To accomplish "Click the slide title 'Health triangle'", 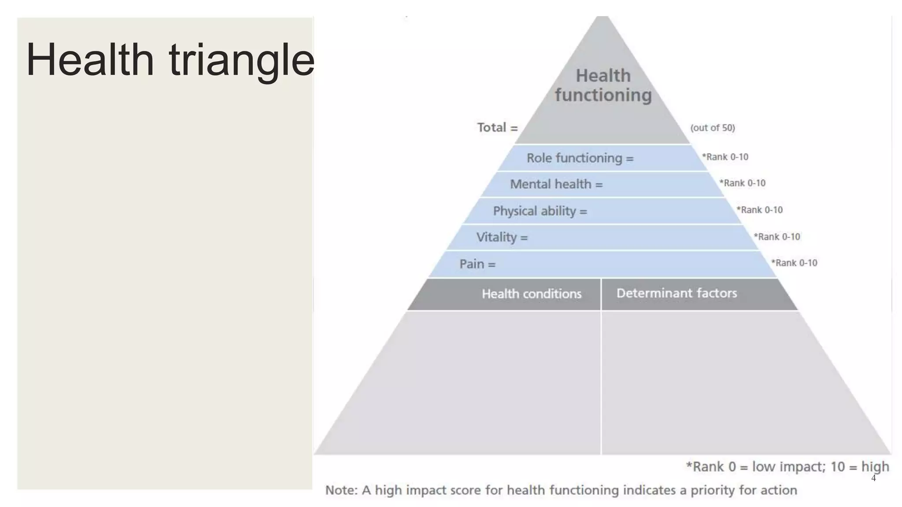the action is [x=170, y=60].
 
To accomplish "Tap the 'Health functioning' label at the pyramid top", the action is [x=603, y=85].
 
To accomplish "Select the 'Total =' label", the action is [x=497, y=128].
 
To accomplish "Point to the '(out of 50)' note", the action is [x=713, y=128].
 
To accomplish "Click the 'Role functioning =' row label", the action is [x=580, y=158].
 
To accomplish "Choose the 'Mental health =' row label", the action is [x=556, y=184].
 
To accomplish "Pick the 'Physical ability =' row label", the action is [x=540, y=211].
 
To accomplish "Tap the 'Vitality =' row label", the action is [x=502, y=237].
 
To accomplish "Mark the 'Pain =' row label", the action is [x=477, y=264].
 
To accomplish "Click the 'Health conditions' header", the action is [x=532, y=294].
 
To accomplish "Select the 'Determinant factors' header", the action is [x=676, y=293].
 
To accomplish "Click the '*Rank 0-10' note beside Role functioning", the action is [x=725, y=157].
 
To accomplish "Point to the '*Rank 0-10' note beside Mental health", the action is [x=742, y=183].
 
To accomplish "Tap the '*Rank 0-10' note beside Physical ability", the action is [x=759, y=210].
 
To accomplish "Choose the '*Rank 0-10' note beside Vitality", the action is [x=776, y=237].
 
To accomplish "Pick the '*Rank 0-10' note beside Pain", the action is [x=794, y=263].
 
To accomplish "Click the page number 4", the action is [x=873, y=478].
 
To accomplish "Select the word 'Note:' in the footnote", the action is [x=341, y=490].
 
